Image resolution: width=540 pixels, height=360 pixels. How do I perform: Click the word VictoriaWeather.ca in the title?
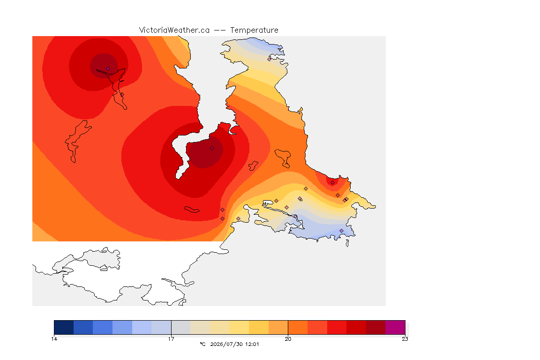click(x=174, y=30)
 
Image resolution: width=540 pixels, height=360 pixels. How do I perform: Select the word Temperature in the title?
click(x=254, y=30)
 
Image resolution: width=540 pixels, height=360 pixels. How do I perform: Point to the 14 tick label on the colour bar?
click(x=54, y=339)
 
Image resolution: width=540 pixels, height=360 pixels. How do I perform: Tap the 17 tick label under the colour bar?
click(x=171, y=339)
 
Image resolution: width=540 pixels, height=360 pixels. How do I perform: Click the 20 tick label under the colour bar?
click(x=288, y=339)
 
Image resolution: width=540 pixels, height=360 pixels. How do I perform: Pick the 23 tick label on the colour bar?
click(x=405, y=339)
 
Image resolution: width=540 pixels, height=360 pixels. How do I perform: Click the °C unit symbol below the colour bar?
click(x=202, y=344)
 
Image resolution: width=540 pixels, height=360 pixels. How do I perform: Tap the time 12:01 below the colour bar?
click(x=252, y=344)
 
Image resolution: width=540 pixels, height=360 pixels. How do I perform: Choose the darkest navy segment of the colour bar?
click(x=64, y=327)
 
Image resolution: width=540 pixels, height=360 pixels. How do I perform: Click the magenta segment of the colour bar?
click(x=395, y=327)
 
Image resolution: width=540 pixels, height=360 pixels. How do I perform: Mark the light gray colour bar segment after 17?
click(x=181, y=327)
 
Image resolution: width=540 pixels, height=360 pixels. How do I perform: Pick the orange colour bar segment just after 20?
click(x=298, y=327)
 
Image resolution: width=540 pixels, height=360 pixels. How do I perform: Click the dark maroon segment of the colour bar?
click(x=376, y=327)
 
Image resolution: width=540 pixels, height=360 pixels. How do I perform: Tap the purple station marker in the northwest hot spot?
click(x=108, y=68)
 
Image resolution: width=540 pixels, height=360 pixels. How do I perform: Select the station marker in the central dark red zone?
click(x=212, y=149)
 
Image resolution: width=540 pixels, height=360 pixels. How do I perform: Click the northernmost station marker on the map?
click(x=270, y=59)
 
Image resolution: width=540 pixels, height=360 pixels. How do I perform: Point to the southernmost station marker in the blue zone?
click(x=341, y=231)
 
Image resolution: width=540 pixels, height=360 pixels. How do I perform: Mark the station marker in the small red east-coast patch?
click(x=332, y=183)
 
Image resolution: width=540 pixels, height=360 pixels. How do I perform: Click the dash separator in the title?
click(x=220, y=30)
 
